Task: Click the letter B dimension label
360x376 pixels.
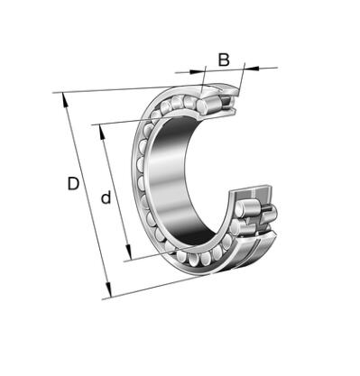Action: point(224,60)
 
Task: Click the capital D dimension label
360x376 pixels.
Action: point(73,184)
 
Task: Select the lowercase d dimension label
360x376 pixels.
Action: point(106,197)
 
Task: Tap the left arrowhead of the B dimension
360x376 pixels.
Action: point(197,71)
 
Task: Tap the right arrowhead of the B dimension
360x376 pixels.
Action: point(252,69)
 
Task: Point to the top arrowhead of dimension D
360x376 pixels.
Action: point(65,100)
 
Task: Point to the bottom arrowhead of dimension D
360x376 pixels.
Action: point(108,290)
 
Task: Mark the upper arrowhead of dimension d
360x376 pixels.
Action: point(102,132)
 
